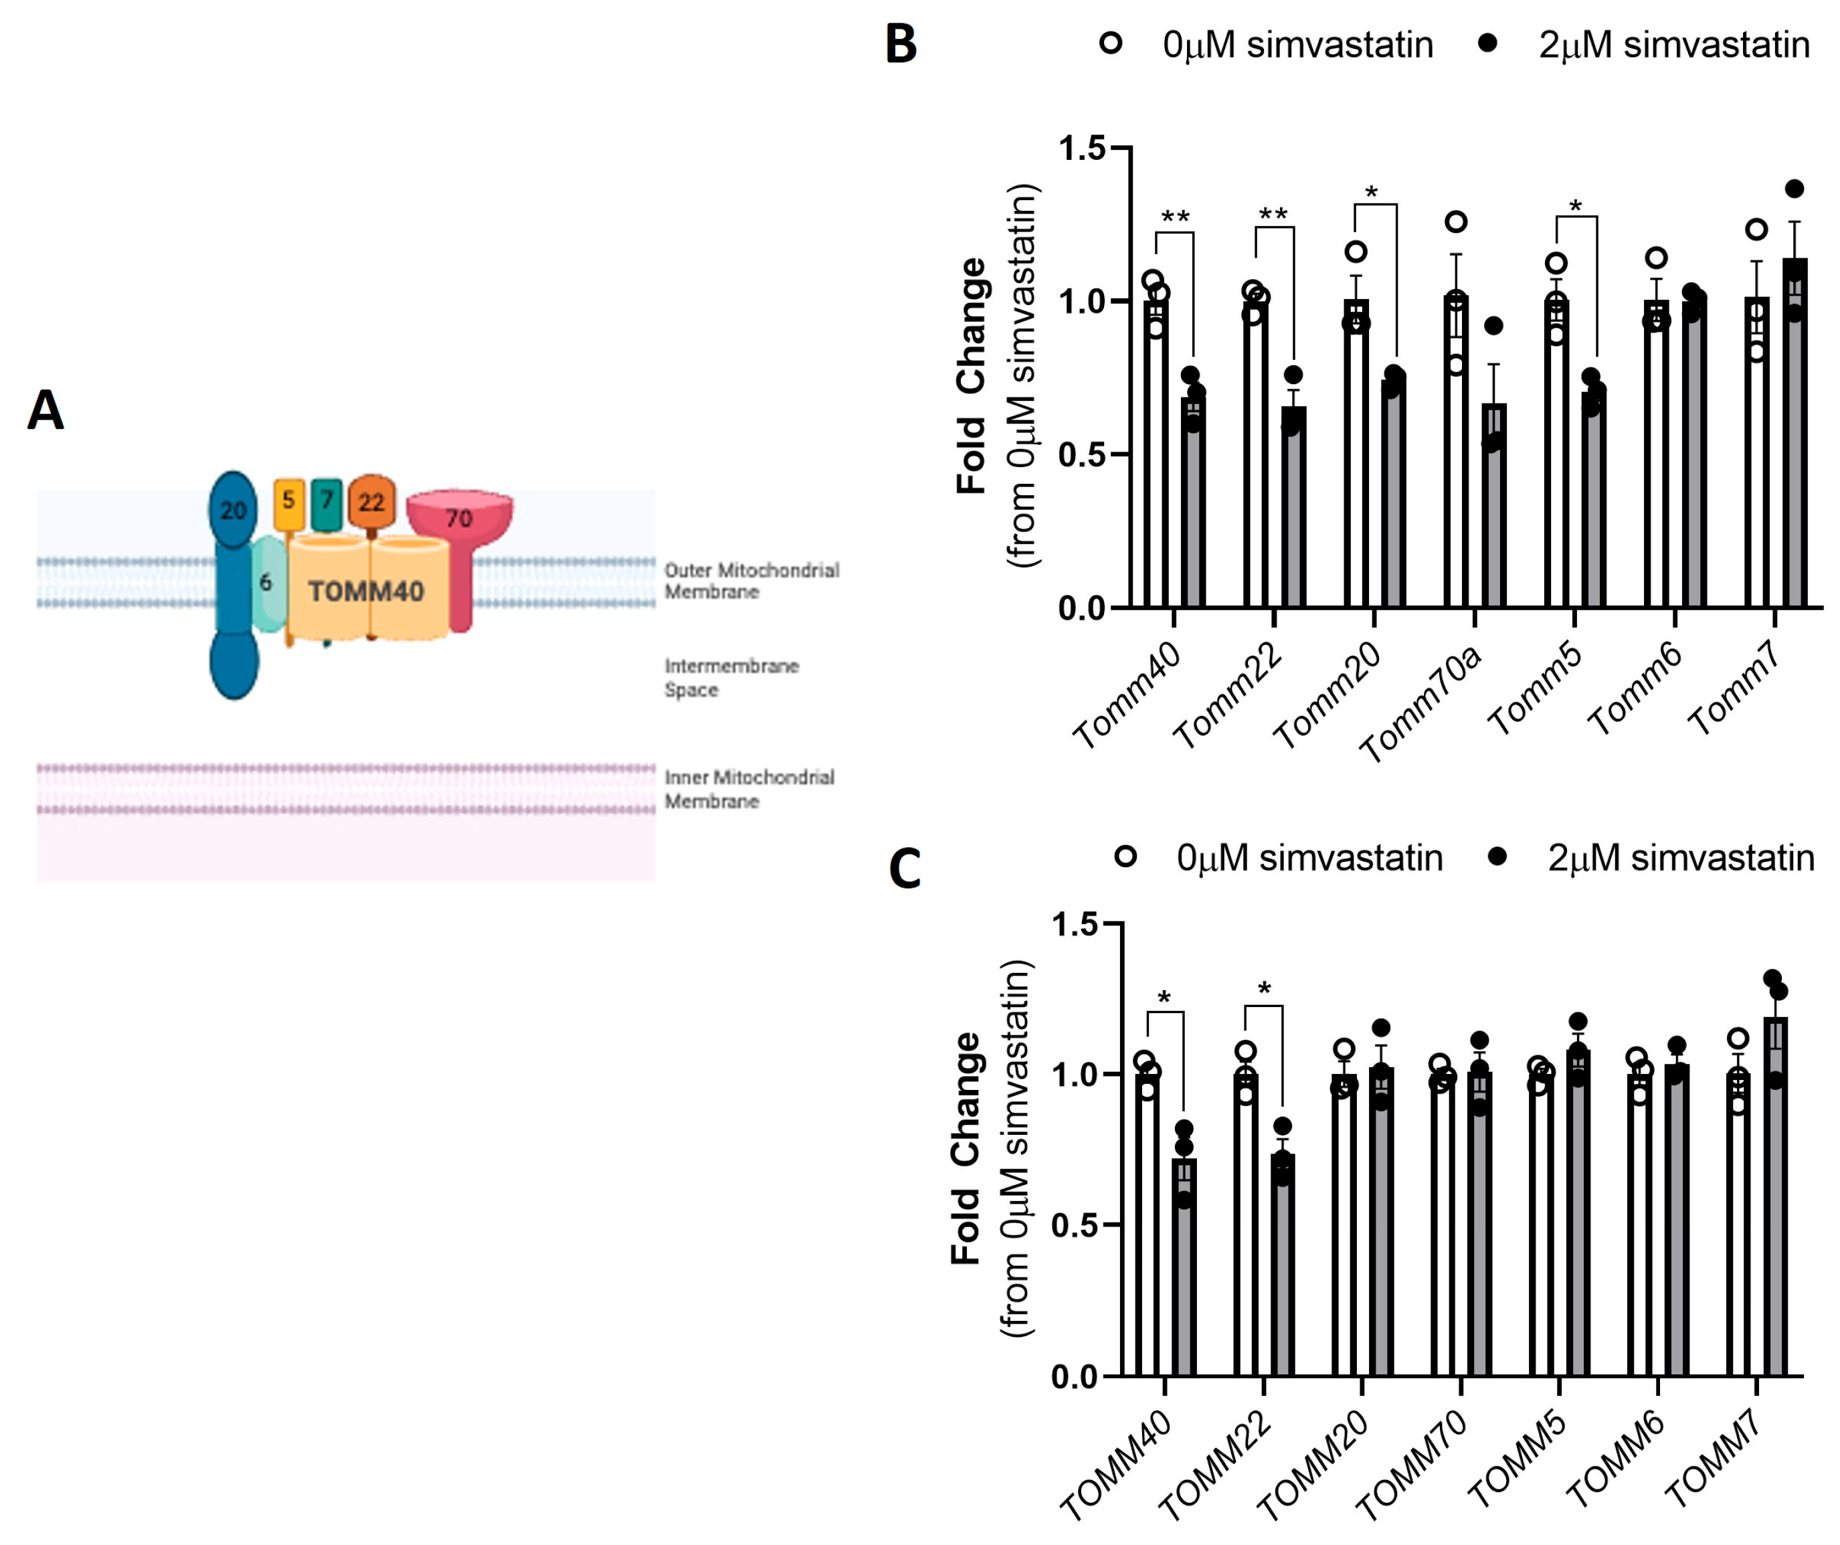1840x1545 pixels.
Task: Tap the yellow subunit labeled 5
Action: [x=288, y=502]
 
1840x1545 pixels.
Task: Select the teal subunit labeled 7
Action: [x=327, y=502]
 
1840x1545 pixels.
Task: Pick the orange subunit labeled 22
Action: [x=371, y=502]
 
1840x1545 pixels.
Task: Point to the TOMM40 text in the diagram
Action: [x=366, y=592]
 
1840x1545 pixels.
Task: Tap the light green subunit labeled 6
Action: [x=266, y=583]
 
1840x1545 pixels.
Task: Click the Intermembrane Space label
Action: [x=731, y=677]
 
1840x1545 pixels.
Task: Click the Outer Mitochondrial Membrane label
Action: [x=751, y=580]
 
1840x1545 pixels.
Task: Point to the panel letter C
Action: [x=904, y=869]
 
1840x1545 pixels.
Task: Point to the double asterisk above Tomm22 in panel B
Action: [x=1273, y=215]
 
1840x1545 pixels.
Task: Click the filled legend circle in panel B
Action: [x=1487, y=43]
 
